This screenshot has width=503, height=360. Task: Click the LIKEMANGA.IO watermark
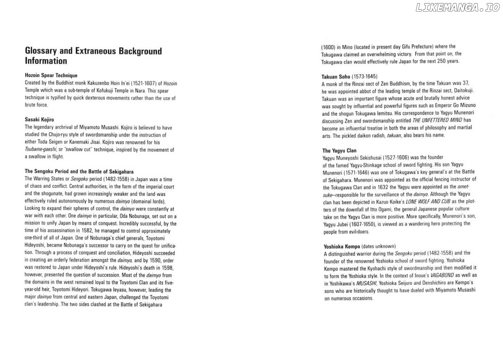pyautogui.click(x=457, y=8)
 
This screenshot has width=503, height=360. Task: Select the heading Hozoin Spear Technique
pyautogui.click(x=51, y=75)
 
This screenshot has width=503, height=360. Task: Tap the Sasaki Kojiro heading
pyautogui.click(x=39, y=120)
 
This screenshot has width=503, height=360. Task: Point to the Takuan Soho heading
pyautogui.click(x=336, y=77)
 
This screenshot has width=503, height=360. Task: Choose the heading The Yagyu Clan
pyautogui.click(x=339, y=151)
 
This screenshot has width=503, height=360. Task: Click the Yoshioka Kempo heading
pyautogui.click(x=342, y=247)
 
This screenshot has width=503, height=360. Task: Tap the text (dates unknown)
pyautogui.click(x=379, y=246)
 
